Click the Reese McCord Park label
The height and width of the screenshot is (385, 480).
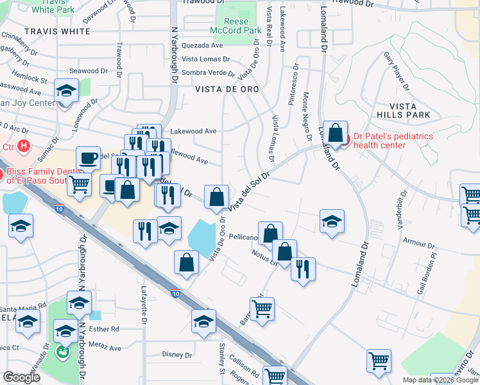tap(238, 26)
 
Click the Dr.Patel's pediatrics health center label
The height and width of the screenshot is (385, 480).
tap(392, 141)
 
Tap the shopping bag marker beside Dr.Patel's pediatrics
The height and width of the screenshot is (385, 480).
tap(335, 133)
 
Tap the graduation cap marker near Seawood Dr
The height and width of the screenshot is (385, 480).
tap(65, 91)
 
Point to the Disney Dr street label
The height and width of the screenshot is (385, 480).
tap(177, 354)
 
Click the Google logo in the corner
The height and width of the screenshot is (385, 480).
tap(21, 377)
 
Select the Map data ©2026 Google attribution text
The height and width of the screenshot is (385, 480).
tap(440, 380)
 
